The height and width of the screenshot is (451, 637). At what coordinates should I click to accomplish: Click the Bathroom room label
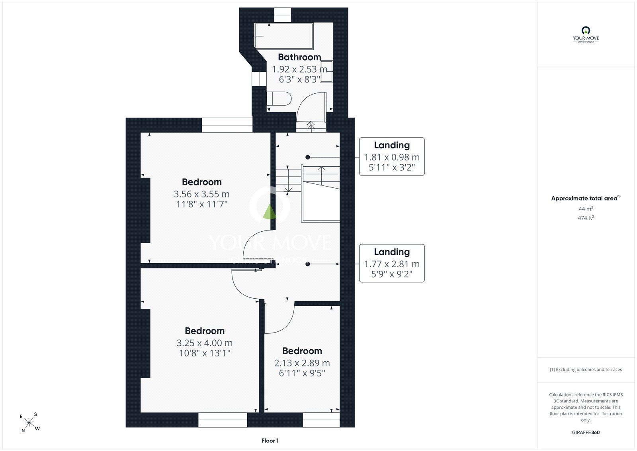click(299, 57)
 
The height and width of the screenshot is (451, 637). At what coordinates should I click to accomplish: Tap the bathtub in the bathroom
click(284, 36)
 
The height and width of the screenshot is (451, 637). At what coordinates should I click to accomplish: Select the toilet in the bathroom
click(279, 98)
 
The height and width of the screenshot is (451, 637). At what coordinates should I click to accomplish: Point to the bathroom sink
click(326, 71)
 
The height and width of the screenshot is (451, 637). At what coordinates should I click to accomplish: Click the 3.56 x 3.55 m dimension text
click(201, 194)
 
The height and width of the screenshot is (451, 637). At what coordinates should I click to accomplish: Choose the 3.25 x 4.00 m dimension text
click(205, 343)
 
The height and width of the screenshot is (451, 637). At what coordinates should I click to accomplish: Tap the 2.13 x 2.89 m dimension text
click(302, 363)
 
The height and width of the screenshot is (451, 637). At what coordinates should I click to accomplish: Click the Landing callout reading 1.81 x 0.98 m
click(392, 156)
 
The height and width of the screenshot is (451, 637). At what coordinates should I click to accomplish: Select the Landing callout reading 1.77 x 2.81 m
click(392, 263)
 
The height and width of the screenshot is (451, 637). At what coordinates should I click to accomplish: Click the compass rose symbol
click(29, 422)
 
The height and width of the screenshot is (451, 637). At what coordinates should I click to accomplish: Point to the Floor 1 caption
click(270, 441)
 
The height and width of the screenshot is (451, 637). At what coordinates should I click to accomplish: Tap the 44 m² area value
click(586, 209)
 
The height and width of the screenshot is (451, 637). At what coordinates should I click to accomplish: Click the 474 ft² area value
click(586, 218)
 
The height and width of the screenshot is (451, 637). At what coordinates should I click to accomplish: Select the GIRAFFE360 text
click(586, 432)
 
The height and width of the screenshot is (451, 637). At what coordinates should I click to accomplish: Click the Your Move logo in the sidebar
click(586, 34)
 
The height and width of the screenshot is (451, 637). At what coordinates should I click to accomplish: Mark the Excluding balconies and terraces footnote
click(586, 370)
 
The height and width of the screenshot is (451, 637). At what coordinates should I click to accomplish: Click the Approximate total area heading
click(586, 198)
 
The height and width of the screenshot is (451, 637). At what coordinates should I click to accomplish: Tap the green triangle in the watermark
click(269, 212)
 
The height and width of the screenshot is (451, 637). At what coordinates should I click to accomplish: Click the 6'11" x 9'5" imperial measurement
click(302, 373)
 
